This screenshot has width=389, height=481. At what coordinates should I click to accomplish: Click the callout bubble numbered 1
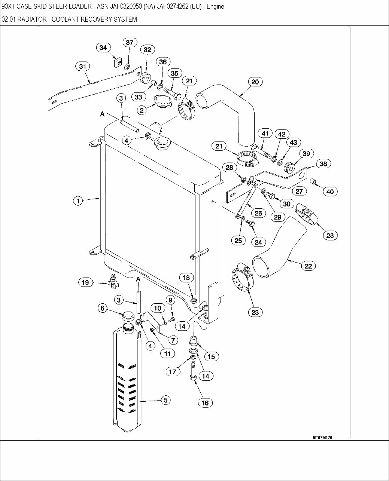[78, 201]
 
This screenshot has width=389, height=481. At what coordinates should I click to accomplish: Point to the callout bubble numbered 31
[83, 67]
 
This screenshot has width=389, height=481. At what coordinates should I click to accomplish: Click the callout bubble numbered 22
[308, 266]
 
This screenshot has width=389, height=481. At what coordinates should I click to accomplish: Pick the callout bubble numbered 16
[205, 403]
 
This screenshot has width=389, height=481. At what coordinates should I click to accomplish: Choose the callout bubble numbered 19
[85, 282]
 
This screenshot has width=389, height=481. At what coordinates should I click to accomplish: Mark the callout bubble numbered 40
[330, 192]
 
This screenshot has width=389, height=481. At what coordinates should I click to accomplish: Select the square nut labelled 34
[118, 62]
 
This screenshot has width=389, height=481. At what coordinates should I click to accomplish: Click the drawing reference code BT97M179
[322, 437]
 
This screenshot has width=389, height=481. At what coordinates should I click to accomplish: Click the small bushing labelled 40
[315, 182]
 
